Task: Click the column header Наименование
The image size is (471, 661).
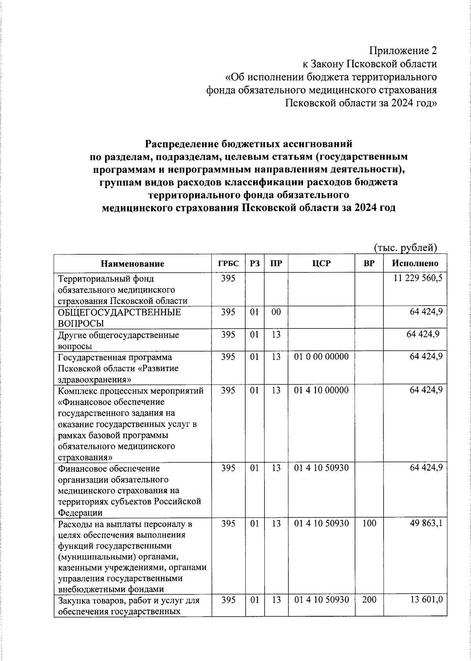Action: coord(133,263)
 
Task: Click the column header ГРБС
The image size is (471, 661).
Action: coord(228,263)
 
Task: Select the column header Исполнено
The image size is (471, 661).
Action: coord(415,263)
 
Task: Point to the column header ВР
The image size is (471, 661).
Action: coord(369,263)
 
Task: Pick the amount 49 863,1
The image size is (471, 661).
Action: coord(426,523)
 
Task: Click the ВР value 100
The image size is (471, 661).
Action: coord(369,523)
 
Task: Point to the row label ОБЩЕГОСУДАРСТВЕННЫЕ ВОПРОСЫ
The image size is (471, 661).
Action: coord(119,318)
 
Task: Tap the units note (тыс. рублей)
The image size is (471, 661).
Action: coord(405,247)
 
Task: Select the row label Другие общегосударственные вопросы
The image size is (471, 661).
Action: coord(118,340)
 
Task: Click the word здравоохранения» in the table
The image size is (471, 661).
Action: coord(94,380)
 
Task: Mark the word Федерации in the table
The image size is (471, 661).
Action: coord(80,513)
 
